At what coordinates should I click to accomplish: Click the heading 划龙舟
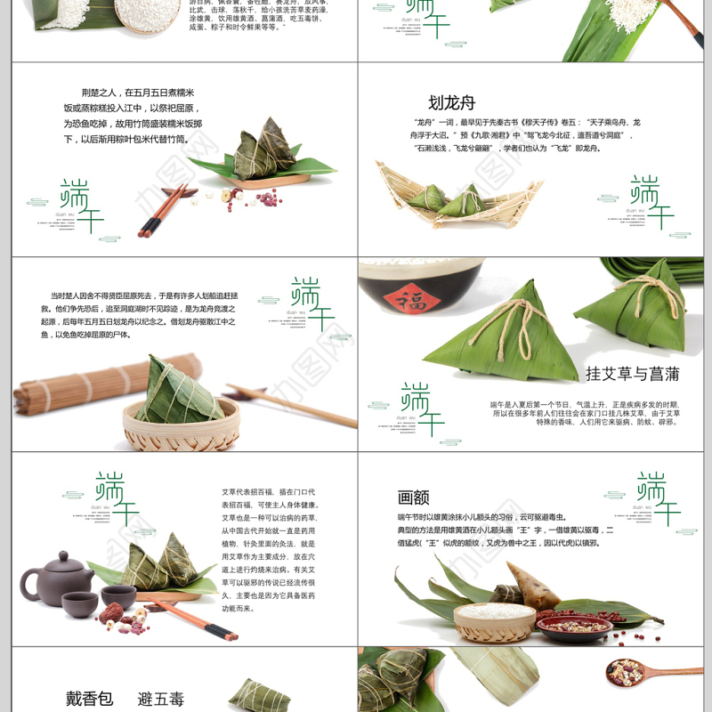[452, 102]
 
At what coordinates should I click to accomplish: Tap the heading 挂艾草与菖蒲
[634, 373]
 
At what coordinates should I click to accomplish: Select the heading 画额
[414, 498]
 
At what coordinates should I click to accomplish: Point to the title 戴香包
[90, 698]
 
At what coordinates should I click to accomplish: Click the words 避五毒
[161, 698]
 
